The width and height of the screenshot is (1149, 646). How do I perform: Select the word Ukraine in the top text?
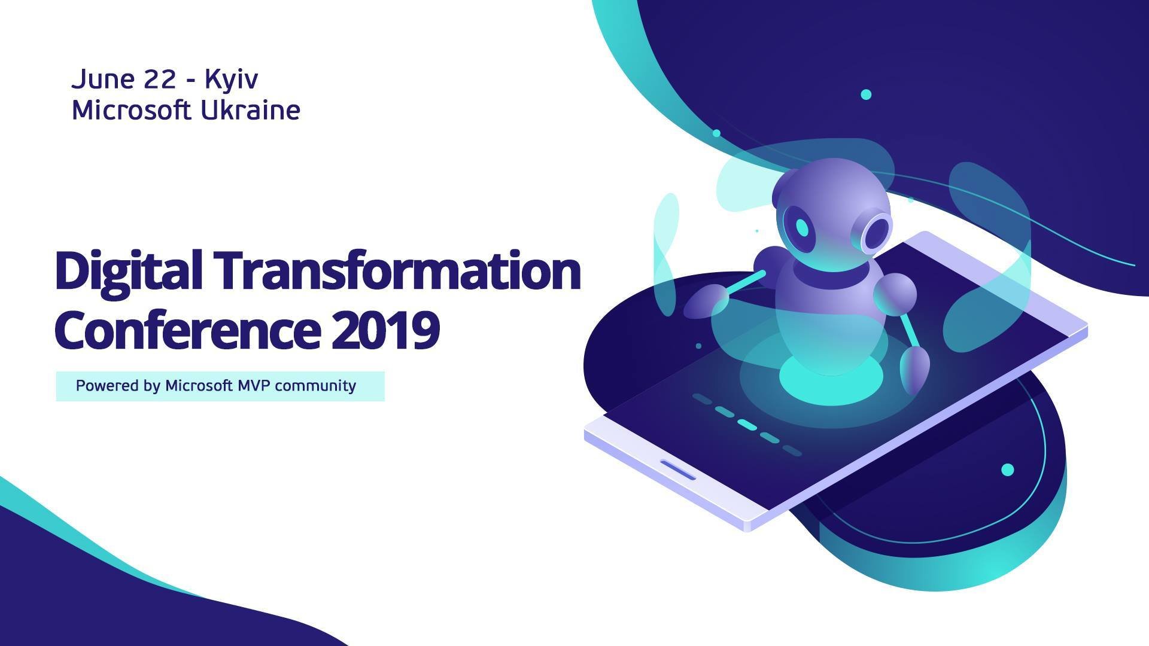tap(250, 111)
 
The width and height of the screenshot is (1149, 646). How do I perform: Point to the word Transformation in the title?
tap(398, 270)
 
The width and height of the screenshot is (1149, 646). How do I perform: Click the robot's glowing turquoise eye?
tap(801, 227)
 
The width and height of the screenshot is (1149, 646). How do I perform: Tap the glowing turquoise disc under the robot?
tap(831, 378)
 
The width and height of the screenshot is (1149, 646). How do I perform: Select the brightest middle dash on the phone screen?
tap(747, 424)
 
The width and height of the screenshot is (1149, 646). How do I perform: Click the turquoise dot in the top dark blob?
tap(865, 95)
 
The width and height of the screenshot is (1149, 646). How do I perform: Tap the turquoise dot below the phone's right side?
tap(1008, 470)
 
